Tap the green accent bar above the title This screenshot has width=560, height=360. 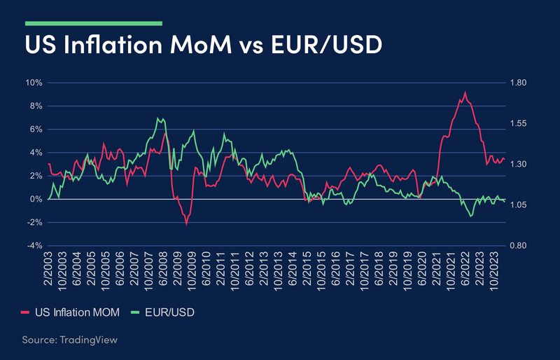[x=93, y=23]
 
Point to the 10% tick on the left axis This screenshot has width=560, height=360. [x=34, y=83]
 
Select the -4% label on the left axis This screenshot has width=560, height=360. [x=34, y=246]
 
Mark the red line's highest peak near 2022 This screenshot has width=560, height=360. [x=465, y=92]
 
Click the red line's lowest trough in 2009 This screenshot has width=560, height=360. [x=186, y=224]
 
